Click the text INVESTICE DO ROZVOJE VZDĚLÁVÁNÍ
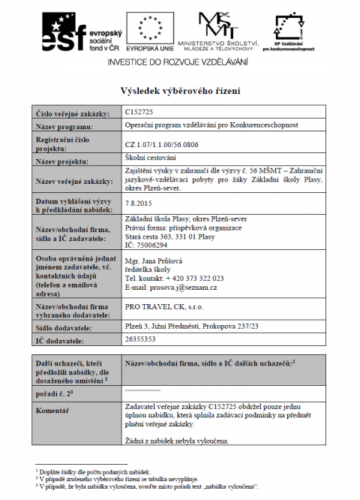[x=180, y=64]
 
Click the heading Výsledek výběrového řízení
[x=180, y=91]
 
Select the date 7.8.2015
[x=139, y=203]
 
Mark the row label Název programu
[x=64, y=126]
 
